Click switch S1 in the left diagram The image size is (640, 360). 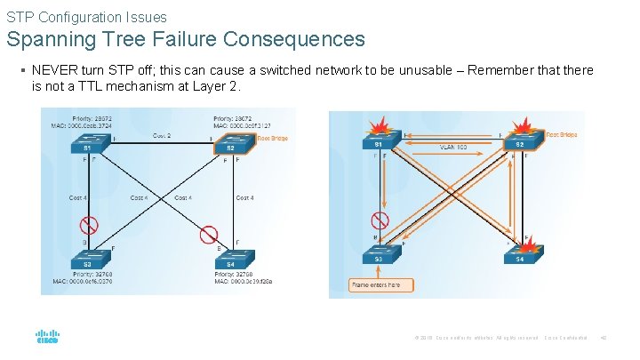click(x=87, y=144)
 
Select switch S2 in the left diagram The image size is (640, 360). click(x=230, y=144)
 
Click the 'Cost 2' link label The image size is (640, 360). click(x=161, y=135)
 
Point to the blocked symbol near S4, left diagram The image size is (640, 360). click(x=208, y=235)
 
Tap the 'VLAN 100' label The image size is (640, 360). click(x=453, y=147)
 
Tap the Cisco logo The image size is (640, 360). click(x=47, y=338)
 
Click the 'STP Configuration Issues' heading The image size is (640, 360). click(x=86, y=17)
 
